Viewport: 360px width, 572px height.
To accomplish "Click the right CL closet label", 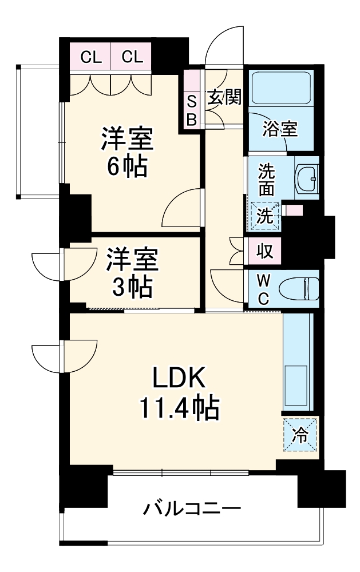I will (131, 57).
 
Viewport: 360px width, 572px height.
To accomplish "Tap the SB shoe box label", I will (192, 110).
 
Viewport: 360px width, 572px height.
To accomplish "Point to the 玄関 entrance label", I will (224, 97).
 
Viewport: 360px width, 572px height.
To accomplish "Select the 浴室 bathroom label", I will (280, 129).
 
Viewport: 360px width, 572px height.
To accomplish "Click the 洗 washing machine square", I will (264, 216).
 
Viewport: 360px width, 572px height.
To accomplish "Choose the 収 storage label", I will (264, 251).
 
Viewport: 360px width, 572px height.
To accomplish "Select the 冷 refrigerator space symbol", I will (300, 435).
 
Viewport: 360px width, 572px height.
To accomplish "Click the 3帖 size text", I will (132, 286).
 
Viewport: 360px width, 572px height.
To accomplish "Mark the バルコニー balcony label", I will (192, 508).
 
